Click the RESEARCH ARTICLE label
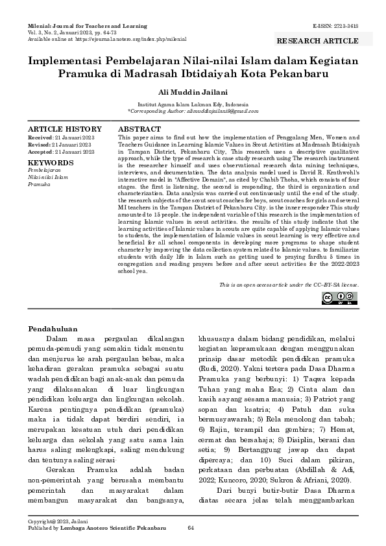[317, 41]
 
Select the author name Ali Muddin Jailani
[192, 92]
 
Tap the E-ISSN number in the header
[335, 26]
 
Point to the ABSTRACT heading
[139, 130]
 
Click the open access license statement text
[289, 284]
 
